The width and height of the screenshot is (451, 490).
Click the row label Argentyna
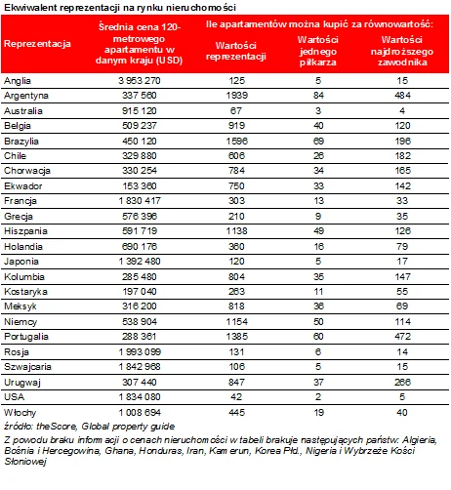(x=26, y=96)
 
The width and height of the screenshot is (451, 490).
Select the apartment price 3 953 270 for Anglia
(x=140, y=81)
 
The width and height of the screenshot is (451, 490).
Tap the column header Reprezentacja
(x=37, y=44)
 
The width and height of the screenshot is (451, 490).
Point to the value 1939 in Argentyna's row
(x=237, y=96)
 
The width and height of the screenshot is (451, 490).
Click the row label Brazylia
(x=21, y=142)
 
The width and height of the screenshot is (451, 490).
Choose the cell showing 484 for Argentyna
(x=402, y=96)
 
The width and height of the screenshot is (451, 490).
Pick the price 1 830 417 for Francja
(x=140, y=201)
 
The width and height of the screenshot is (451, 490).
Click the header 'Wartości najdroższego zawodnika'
(x=402, y=51)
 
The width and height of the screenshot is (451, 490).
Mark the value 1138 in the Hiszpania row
(x=237, y=231)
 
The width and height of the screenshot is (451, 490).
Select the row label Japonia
(x=21, y=262)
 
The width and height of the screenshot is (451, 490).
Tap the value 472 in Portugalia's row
(x=402, y=337)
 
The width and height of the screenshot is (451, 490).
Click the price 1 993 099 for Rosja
(x=140, y=352)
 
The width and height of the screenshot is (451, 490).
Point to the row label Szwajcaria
(x=27, y=367)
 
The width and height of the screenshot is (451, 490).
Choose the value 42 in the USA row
(x=236, y=397)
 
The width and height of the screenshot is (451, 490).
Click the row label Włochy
(x=20, y=413)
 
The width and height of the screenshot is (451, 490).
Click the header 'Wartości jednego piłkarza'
(x=318, y=51)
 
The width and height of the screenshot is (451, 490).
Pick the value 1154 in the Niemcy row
(x=237, y=322)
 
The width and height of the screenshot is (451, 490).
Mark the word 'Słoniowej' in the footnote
(x=25, y=462)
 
